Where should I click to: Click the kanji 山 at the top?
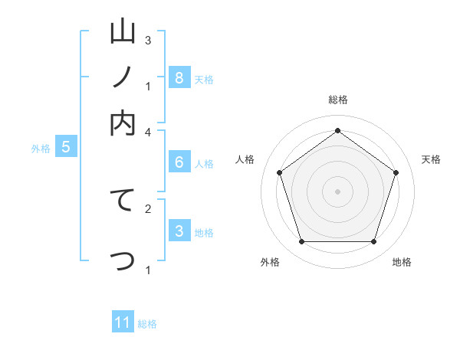point(123,33)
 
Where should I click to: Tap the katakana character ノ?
point(123,78)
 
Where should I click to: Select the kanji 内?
point(123,123)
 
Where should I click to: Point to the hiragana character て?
point(123,200)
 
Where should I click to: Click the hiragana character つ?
point(123,261)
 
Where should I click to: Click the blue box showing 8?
point(179,77)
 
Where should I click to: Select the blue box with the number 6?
point(179,162)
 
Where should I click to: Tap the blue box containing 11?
point(123,322)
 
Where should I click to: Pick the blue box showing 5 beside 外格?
point(65,147)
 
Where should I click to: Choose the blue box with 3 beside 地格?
point(179,231)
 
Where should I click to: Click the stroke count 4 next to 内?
point(149,132)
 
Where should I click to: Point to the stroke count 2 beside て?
point(149,208)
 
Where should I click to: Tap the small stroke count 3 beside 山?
point(149,40)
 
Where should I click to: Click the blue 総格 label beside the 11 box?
point(147,324)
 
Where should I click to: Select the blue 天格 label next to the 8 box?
point(204,79)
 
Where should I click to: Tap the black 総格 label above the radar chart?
point(337,100)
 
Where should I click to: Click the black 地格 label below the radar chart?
point(402,263)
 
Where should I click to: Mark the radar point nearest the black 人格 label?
point(279,172)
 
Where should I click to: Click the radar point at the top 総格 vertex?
point(337,130)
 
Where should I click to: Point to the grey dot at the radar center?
point(337,191)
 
